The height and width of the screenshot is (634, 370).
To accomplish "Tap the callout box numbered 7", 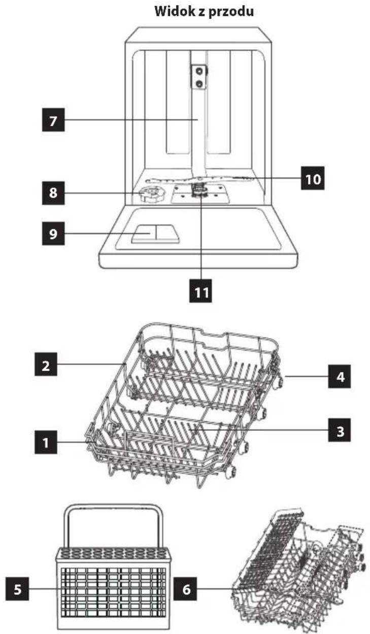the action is [53, 120].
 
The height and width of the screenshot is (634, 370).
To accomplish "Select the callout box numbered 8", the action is [53, 193].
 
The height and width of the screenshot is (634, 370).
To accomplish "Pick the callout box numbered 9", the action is [53, 234].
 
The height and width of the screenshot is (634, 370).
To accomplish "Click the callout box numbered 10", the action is [313, 178].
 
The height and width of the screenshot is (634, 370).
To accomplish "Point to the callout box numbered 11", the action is [200, 291].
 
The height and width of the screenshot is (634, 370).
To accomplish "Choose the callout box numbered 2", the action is [46, 364].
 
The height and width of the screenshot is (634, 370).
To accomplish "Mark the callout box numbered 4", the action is [340, 376].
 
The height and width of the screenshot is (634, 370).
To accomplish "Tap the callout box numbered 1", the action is [46, 442].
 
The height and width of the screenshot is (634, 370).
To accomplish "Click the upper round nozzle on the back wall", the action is [199, 71].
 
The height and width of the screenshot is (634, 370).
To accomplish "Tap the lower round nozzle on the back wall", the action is [199, 83].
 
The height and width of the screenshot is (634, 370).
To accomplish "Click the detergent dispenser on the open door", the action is [155, 234].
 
